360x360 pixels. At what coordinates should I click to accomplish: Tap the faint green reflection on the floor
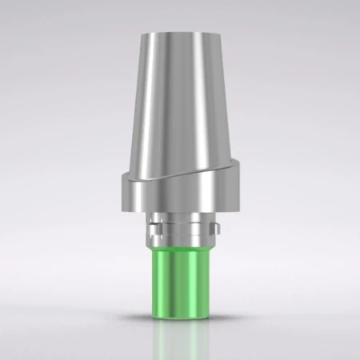(179, 336)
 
